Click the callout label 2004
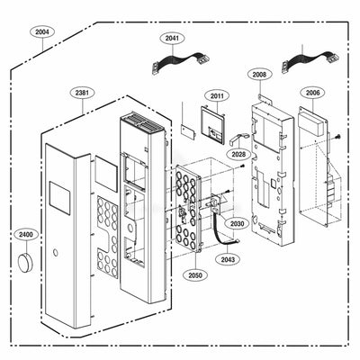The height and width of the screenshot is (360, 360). click(42, 32)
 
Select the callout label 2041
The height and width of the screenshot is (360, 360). click(173, 38)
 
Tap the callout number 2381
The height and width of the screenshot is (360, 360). click(82, 92)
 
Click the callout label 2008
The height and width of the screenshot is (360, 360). click(258, 75)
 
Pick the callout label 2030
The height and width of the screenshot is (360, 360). click(236, 223)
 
